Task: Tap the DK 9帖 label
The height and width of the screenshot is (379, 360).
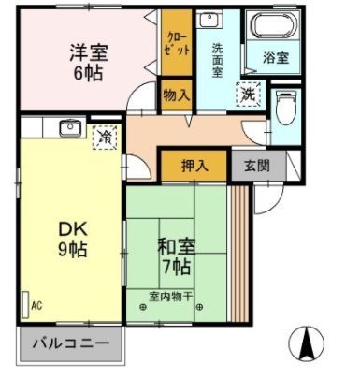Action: click(73, 238)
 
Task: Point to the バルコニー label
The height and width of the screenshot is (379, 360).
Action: click(70, 343)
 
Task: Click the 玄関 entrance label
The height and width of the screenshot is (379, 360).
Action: click(256, 166)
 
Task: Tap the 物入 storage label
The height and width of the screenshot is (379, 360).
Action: click(175, 95)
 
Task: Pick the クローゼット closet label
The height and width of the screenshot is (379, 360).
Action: click(175, 44)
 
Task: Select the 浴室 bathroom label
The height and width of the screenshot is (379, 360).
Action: click(275, 57)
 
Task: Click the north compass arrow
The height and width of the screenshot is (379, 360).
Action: click(305, 344)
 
